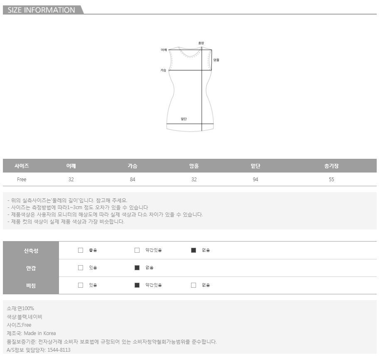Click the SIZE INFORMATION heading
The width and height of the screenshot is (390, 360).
tap(41, 10)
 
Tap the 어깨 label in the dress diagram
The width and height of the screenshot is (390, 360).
tap(164, 50)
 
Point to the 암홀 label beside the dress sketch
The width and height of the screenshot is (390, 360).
tap(216, 60)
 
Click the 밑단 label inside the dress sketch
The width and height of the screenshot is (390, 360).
tap(184, 119)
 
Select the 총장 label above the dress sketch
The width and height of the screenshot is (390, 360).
tap(201, 43)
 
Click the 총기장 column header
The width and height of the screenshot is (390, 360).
tap(331, 166)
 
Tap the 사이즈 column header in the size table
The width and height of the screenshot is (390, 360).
tap(22, 166)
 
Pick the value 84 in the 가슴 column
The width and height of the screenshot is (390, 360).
tap(132, 180)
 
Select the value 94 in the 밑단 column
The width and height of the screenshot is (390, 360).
tap(255, 180)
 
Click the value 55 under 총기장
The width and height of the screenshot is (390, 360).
tap(331, 180)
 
